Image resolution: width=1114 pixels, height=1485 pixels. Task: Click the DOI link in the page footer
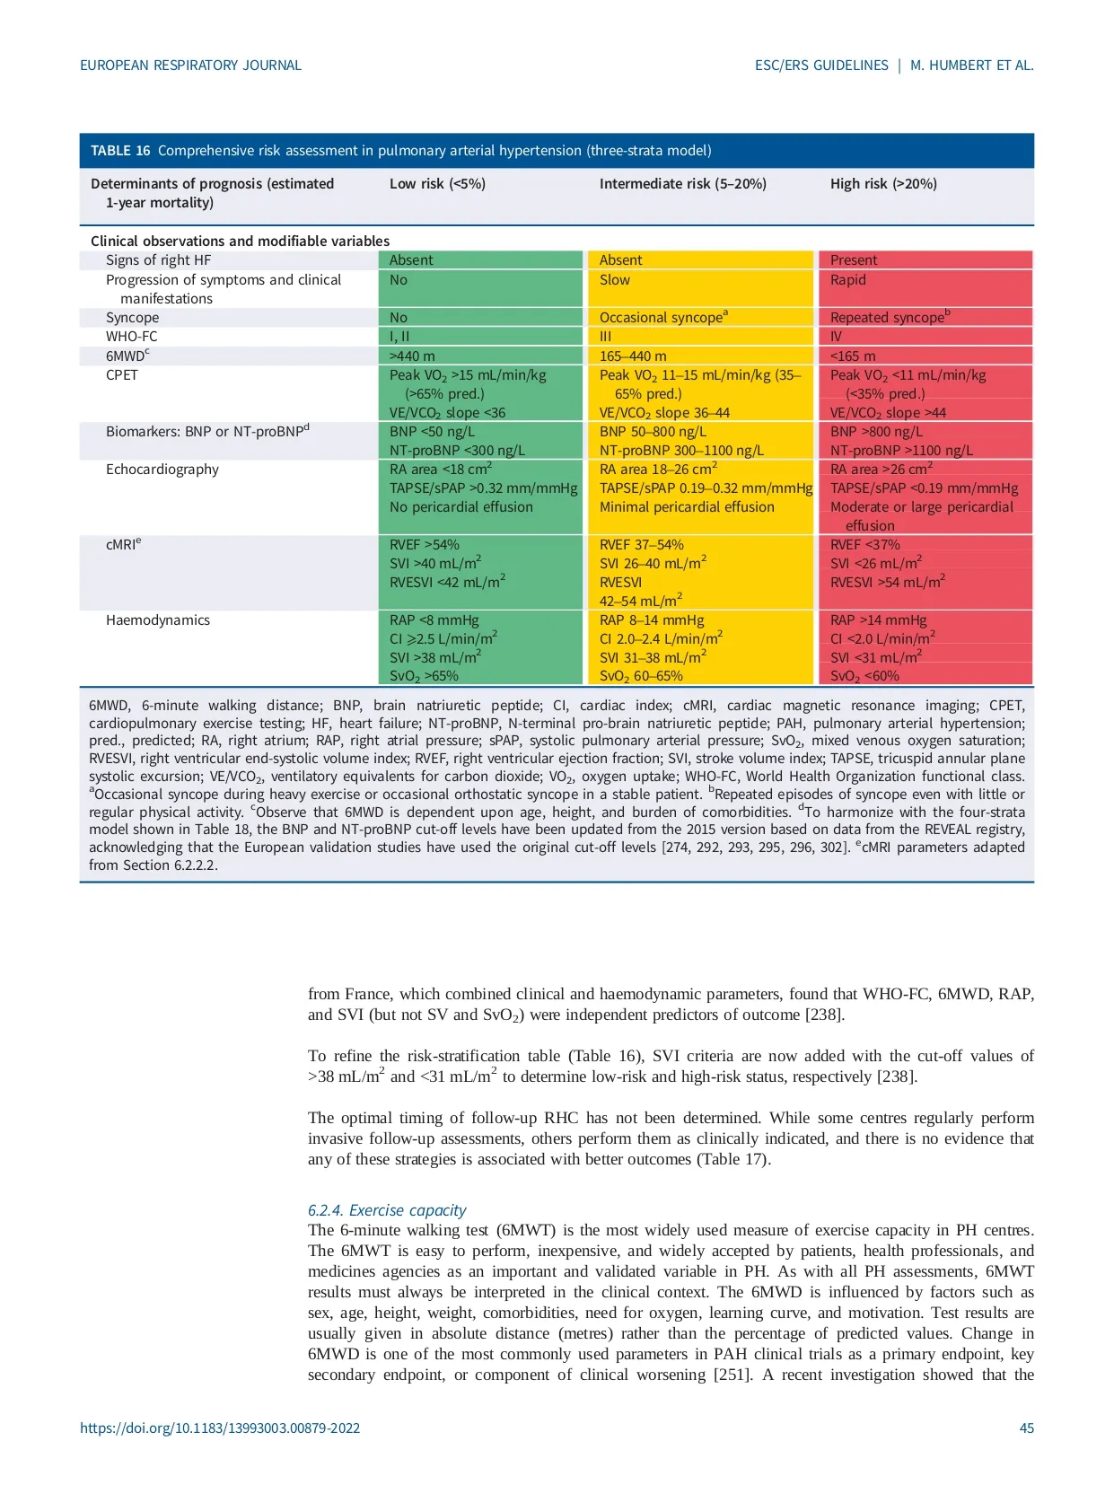(x=220, y=1428)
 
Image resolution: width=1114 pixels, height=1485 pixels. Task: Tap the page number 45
(x=1026, y=1428)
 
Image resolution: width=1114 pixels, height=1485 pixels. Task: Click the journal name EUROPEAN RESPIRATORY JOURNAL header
(x=190, y=66)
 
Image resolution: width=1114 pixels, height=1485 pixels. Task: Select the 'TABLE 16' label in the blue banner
(x=120, y=151)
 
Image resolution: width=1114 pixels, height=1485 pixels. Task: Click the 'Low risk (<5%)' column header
(x=437, y=184)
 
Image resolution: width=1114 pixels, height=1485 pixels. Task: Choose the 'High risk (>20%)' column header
(x=883, y=184)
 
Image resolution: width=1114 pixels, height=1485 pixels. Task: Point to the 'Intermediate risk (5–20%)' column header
(x=682, y=184)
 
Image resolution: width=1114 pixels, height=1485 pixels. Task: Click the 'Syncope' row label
(x=132, y=318)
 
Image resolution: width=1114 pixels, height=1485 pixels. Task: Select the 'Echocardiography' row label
(x=162, y=470)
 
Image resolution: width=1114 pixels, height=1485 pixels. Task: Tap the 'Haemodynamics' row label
(x=157, y=620)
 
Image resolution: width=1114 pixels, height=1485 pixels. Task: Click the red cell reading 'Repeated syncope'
(x=887, y=318)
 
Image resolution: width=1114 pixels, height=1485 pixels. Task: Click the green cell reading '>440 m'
(x=412, y=356)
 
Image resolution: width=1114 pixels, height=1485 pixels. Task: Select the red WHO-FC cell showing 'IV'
(x=836, y=337)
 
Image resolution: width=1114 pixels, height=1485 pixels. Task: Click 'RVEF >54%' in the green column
(x=424, y=545)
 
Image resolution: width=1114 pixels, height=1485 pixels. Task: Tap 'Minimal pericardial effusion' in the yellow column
(x=687, y=507)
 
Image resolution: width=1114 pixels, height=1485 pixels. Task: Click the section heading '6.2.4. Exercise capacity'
(x=387, y=1210)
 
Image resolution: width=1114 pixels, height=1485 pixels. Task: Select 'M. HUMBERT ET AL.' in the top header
(x=971, y=66)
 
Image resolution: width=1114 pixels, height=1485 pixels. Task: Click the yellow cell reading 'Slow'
(x=615, y=280)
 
